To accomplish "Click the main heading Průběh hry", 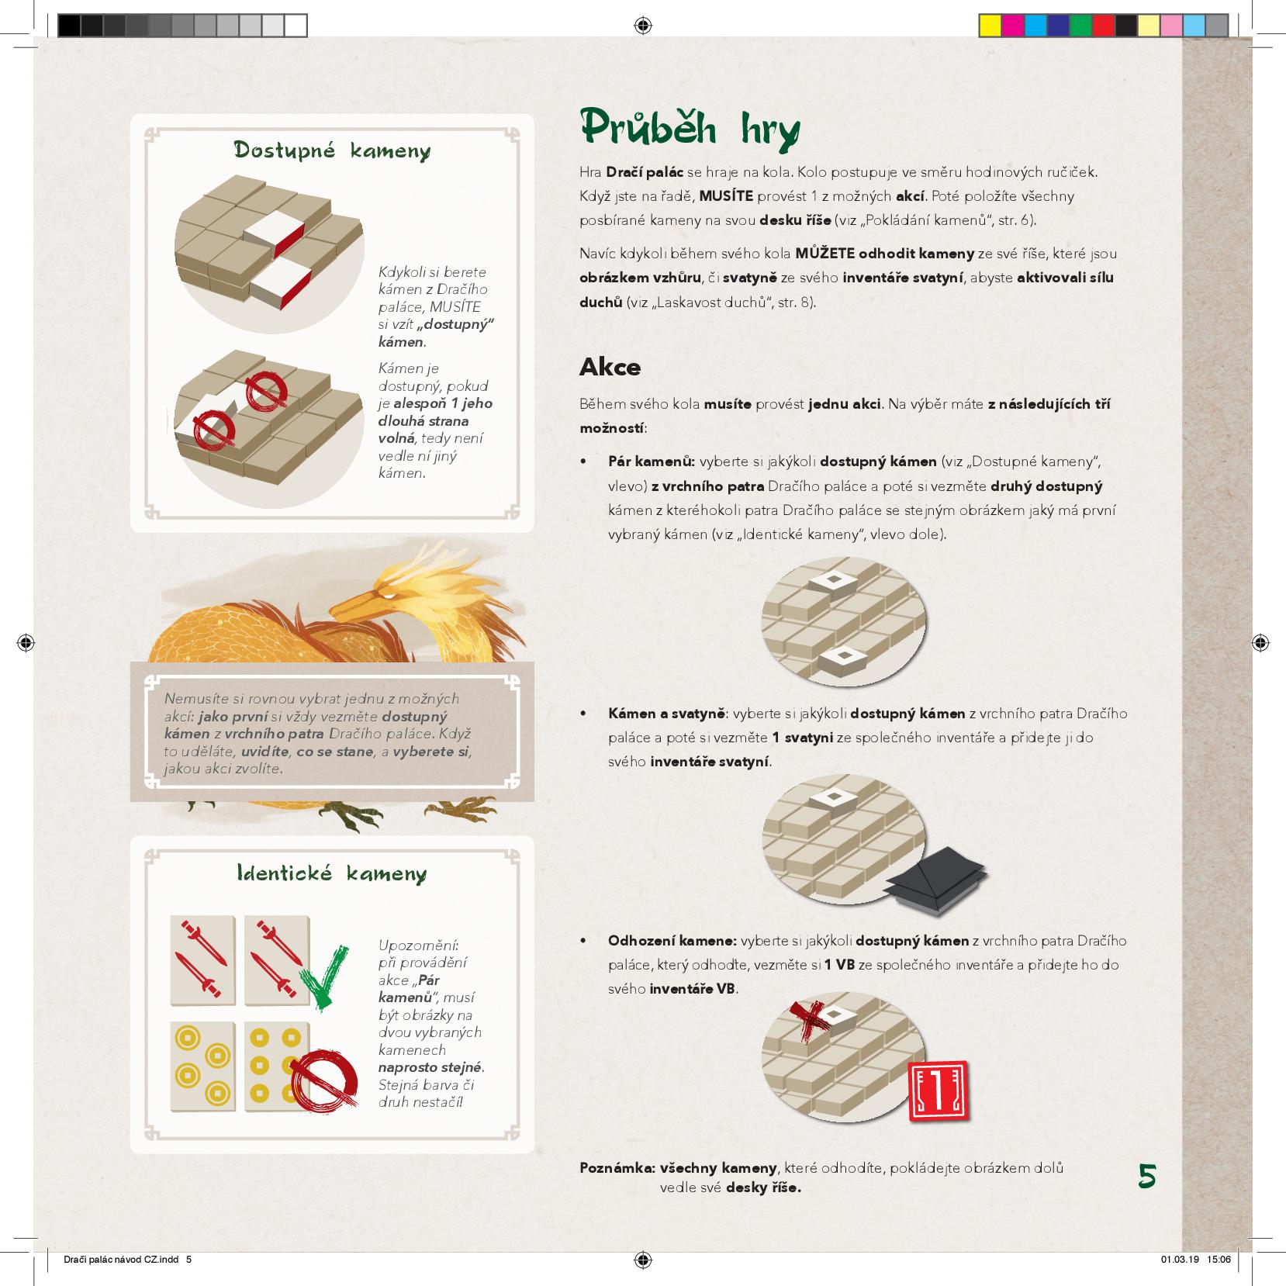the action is tap(689, 130).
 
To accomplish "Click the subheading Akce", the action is tap(610, 367).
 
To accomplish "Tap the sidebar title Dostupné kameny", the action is tap(332, 150).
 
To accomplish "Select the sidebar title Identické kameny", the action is tap(332, 874).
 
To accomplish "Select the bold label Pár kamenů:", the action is tap(651, 462).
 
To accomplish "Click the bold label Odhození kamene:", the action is tap(672, 941).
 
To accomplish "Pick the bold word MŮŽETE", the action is tap(824, 254).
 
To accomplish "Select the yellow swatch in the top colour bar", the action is tap(990, 26).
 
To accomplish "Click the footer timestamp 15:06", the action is tap(1219, 1259).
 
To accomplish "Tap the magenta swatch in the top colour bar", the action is tap(1012, 26).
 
